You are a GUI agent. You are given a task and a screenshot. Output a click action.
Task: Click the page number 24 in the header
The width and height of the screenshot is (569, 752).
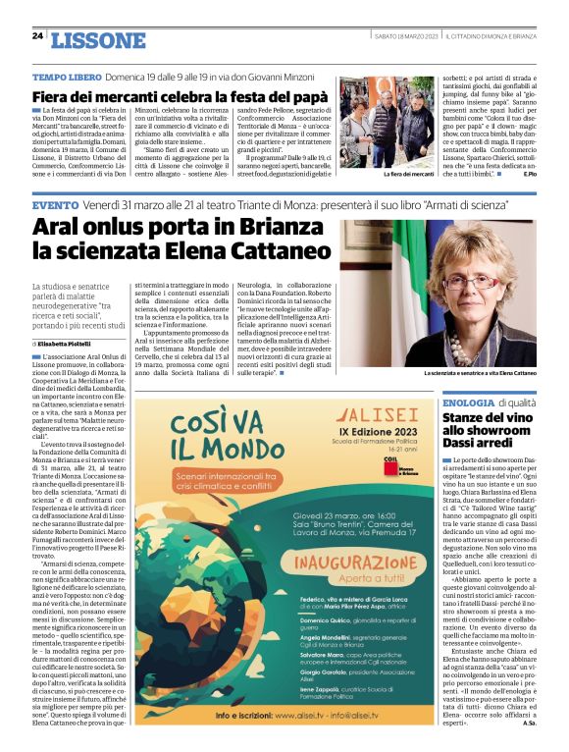coord(37,36)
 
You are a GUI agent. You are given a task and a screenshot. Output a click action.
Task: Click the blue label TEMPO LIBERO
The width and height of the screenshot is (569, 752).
coord(65,77)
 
